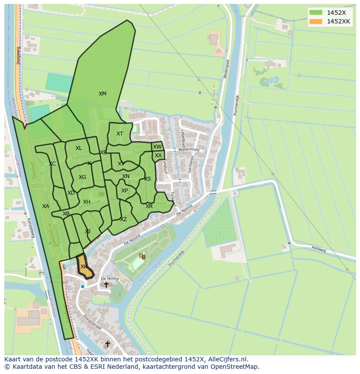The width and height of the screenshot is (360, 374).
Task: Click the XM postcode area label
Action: pyautogui.click(x=102, y=94)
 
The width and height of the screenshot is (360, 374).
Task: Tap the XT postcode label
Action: pyautogui.click(x=120, y=134)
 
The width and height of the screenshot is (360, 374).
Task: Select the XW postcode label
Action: pyautogui.click(x=157, y=147)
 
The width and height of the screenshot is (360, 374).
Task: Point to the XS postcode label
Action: pyautogui.click(x=147, y=179)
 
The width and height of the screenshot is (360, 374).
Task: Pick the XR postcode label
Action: pyautogui.click(x=149, y=206)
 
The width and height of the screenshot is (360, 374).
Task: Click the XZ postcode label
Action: pyautogui.click(x=123, y=219)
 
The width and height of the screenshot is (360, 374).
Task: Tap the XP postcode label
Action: pyautogui.click(x=125, y=191)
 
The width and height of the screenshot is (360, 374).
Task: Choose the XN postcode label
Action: pyautogui.click(x=126, y=176)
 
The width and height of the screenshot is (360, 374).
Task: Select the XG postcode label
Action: pyautogui.click(x=82, y=177)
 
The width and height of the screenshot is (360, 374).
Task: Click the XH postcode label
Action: pyautogui.click(x=87, y=202)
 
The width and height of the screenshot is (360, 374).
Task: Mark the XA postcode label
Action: pyautogui.click(x=46, y=206)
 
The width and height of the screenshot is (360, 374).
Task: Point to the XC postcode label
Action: pyautogui.click(x=52, y=164)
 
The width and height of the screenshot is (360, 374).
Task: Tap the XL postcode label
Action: pyautogui.click(x=79, y=148)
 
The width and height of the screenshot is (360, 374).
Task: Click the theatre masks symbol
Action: pyautogui.click(x=141, y=256)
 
